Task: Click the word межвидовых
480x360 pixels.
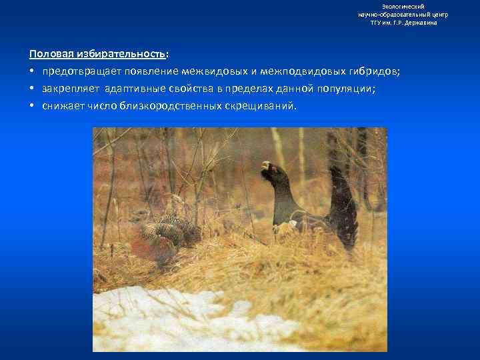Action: coord(203,71)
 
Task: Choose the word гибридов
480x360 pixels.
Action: coord(374,71)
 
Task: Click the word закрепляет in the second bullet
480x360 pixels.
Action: coord(71,88)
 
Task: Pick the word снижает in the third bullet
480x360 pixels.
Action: coord(63,105)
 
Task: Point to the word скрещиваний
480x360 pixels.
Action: coord(263,105)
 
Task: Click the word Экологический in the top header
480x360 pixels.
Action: coord(403,6)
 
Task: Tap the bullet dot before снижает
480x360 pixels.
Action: coord(32,105)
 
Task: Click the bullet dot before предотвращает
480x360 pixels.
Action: coord(32,71)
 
